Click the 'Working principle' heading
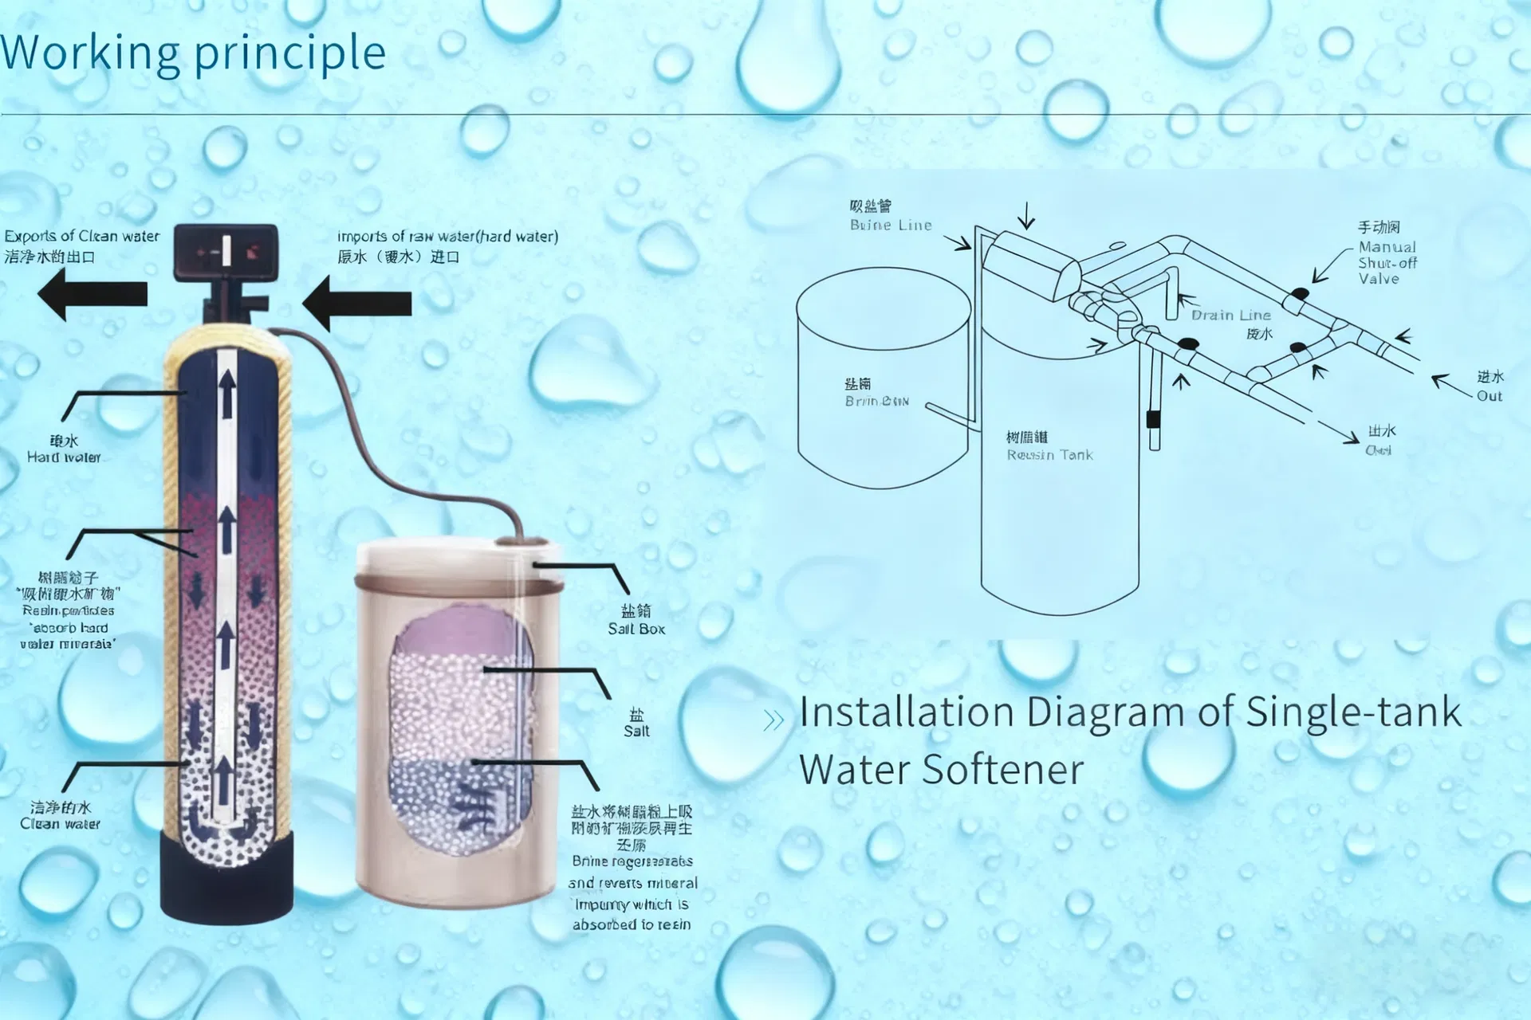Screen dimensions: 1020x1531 [193, 53]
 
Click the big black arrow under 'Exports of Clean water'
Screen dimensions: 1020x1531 [92, 294]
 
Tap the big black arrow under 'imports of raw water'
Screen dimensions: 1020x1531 [357, 304]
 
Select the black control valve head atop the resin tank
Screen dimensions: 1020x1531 [226, 253]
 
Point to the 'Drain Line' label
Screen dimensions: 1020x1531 [1230, 316]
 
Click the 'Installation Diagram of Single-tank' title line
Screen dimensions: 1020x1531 [1130, 712]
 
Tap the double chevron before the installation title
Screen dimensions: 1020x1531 [773, 720]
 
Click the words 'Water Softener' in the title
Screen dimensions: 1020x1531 [941, 770]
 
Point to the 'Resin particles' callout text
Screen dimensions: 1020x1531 [69, 610]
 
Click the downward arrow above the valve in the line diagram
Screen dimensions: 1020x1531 [1026, 214]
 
